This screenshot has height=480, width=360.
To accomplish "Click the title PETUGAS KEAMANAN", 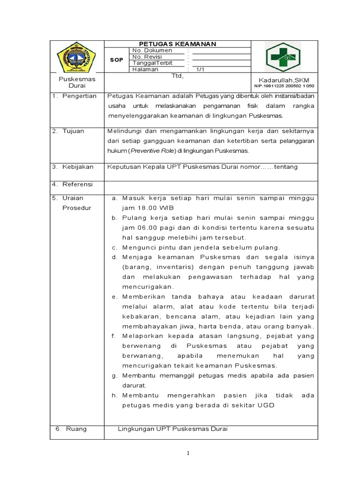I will pos(177,44).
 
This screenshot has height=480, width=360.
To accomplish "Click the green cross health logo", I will pos(284,57).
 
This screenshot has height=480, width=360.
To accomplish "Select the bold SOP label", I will pos(116,60).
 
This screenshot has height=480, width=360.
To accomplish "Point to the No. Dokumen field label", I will pos(152,50).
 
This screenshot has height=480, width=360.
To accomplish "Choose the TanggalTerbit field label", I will pos(153,63).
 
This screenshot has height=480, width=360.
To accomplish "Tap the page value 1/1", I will pos(201,69).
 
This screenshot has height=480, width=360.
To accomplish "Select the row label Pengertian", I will pos(79,96).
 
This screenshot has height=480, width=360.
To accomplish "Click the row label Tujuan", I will pos(73,131).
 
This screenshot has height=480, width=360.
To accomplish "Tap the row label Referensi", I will pos(78,184).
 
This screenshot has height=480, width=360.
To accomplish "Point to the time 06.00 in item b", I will pos(144,227).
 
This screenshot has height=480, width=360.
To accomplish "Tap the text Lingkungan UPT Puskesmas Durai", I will pos(172,428).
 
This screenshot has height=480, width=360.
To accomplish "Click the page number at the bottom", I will pos(187,453).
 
